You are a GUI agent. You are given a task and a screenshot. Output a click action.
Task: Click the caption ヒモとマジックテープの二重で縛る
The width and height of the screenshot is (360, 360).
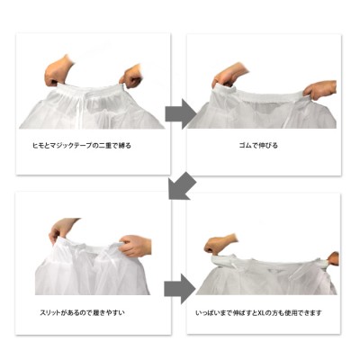[82, 146]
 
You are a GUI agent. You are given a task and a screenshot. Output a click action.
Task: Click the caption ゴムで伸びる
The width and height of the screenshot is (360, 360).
[258, 146]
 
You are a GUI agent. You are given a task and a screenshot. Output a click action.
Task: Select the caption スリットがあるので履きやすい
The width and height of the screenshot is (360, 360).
[82, 312]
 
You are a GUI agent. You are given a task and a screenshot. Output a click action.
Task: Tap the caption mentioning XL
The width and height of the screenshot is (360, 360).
[258, 313]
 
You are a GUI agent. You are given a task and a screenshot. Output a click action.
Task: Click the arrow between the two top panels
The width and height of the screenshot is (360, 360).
[180, 114]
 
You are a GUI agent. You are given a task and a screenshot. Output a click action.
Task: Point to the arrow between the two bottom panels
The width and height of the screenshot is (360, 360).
[179, 289]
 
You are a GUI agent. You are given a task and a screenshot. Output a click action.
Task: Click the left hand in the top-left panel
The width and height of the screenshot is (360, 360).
[58, 70]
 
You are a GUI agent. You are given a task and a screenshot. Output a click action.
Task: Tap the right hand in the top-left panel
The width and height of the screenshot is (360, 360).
[131, 76]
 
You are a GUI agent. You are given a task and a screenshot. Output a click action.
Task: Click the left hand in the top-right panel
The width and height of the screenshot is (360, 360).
[229, 76]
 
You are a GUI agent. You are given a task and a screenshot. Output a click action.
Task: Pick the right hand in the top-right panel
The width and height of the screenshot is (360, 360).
[320, 89]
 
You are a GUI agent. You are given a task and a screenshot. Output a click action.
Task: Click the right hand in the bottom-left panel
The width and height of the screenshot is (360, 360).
[135, 245]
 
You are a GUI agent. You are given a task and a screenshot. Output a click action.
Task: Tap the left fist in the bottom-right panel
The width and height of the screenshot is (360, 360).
[219, 244]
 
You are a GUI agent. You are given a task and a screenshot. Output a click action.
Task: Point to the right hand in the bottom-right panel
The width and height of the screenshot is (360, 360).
[332, 258]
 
